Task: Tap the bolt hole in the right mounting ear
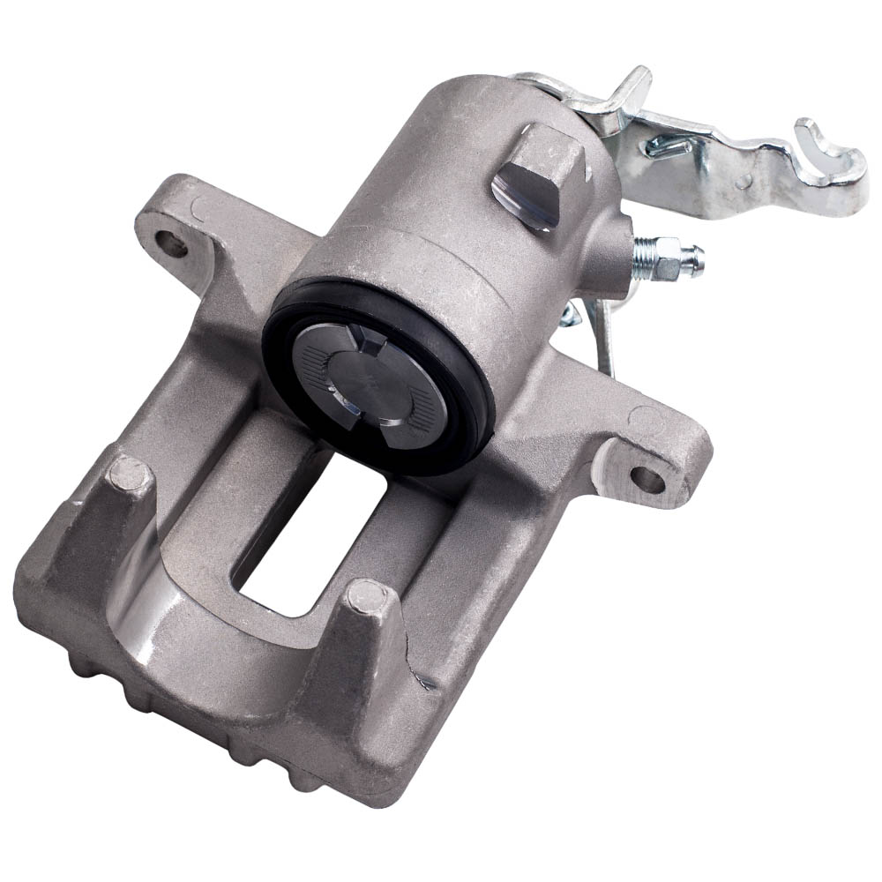(x=647, y=479)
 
